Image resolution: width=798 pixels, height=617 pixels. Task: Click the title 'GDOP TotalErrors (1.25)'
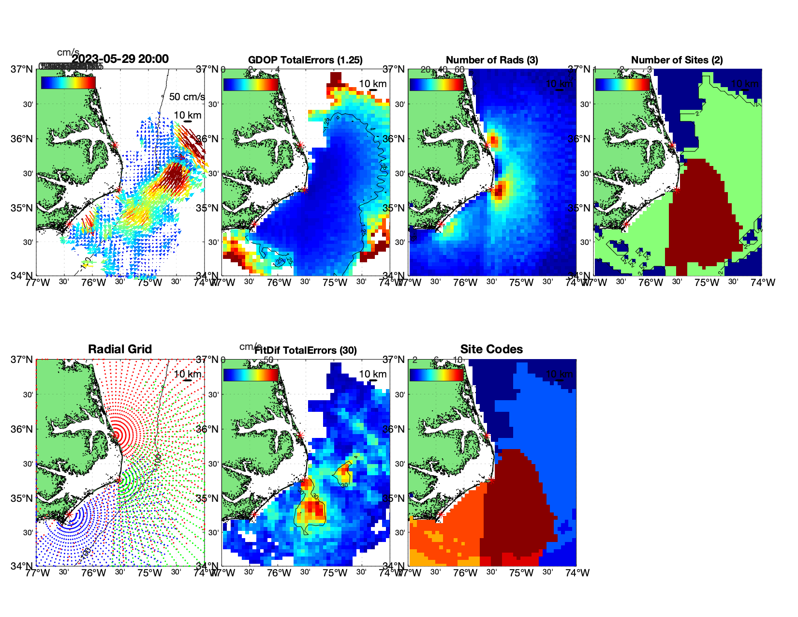coord(305,60)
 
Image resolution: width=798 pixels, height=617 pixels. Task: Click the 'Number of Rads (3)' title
coord(492,60)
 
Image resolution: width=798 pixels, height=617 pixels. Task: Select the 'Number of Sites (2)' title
coord(677,60)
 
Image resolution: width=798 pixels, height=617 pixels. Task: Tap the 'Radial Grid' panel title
coord(120,349)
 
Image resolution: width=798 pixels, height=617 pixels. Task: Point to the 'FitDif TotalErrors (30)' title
coord(306,350)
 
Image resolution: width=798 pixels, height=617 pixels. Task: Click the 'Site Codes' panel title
coord(491,349)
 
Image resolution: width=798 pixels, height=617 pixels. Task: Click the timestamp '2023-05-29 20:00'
coord(120,59)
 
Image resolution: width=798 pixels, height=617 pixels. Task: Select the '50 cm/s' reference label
coord(187,97)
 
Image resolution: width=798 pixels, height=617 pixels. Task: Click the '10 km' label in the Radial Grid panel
coord(188,374)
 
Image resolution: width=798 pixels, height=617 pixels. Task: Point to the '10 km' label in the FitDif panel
coord(372,374)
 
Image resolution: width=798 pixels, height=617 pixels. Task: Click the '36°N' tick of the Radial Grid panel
coord(23,429)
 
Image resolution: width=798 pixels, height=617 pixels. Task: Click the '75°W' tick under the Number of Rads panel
coord(521,283)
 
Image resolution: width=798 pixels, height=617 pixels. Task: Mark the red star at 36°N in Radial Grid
coord(116,435)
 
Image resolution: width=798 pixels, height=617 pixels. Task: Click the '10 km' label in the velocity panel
coord(188,115)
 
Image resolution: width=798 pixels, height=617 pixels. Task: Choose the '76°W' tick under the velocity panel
coord(93,283)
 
